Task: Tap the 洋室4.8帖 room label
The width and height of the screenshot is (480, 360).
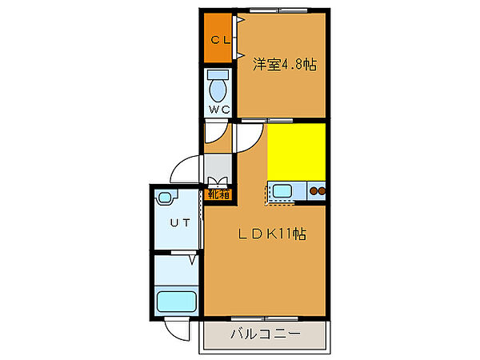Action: click(285, 64)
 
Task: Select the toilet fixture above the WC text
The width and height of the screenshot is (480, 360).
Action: click(217, 83)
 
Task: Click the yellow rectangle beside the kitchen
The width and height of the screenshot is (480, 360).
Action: click(296, 152)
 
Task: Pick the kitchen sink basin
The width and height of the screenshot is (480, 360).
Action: click(282, 191)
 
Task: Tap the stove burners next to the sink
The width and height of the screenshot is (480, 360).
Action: click(318, 191)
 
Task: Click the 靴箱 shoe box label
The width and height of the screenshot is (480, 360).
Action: click(219, 193)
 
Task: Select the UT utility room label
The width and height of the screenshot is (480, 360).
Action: click(179, 224)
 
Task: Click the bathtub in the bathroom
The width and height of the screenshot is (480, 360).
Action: click(177, 302)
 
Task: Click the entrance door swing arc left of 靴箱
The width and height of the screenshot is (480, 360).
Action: click(186, 170)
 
